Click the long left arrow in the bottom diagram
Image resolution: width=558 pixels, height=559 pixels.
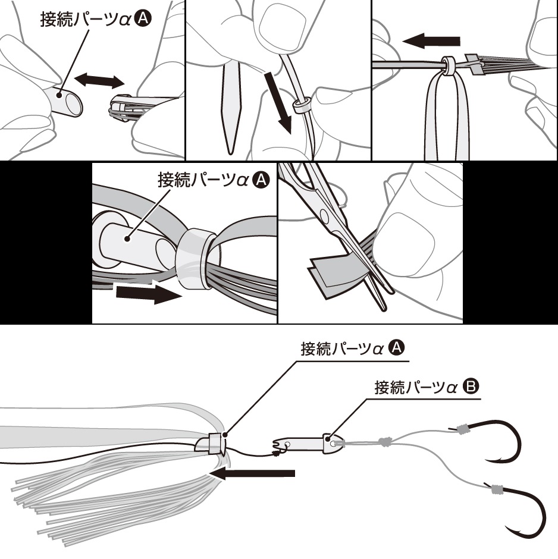252,473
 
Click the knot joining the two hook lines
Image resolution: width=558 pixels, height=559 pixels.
384,442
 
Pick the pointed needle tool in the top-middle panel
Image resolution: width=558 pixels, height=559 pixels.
231,108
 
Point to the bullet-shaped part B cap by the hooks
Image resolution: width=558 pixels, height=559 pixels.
333,444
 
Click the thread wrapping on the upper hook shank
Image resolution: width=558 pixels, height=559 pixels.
463,429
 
